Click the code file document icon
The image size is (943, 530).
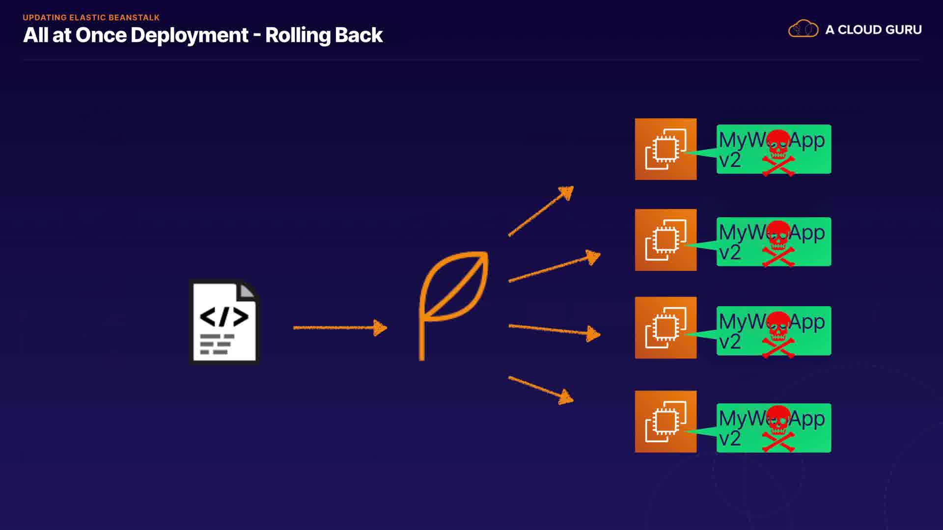[x=224, y=322]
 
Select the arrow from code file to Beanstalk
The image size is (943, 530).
[x=340, y=327]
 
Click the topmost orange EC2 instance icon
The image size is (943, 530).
[x=666, y=149]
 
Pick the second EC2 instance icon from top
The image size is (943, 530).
[x=666, y=240]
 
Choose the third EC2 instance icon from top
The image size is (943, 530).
[x=666, y=327]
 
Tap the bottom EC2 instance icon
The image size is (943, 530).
[x=666, y=422]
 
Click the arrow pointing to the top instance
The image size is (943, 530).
[x=541, y=212]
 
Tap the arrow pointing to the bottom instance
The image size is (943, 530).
[x=541, y=390]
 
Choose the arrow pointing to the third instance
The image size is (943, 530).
[x=554, y=330]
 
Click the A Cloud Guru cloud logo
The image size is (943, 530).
[x=803, y=29]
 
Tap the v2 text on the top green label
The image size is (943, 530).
[x=729, y=160]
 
